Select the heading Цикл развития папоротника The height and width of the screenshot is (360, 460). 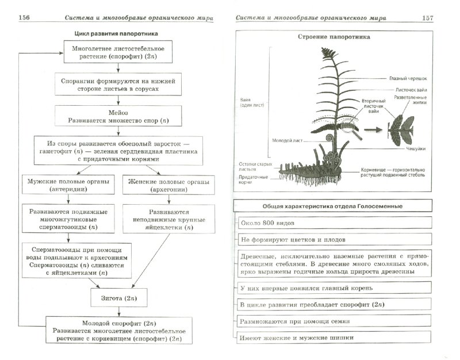(x=117, y=35)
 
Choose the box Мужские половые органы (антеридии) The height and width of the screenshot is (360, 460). (x=68, y=186)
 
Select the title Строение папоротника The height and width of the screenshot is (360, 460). (x=333, y=38)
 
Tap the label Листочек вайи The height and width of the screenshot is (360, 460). (x=411, y=90)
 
